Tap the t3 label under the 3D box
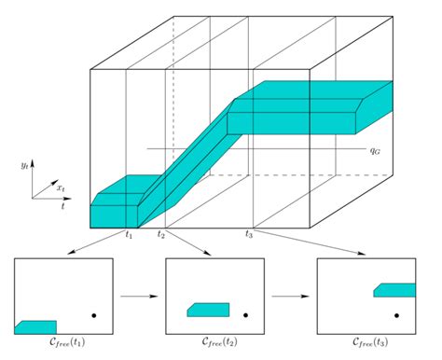click(x=249, y=234)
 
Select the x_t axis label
click(x=61, y=187)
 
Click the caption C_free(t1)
click(x=65, y=344)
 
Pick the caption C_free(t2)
click(x=214, y=344)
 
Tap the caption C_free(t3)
click(x=366, y=344)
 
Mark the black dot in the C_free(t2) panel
click(x=244, y=314)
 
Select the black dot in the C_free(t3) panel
click(x=397, y=314)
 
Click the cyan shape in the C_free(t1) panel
click(x=35, y=325)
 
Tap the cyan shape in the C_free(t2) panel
click(x=208, y=309)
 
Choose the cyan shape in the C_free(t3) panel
click(x=394, y=290)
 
